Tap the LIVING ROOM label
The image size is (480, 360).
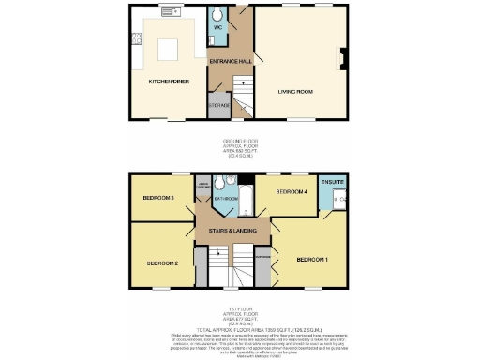(x=294, y=92)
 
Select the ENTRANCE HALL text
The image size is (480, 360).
(x=231, y=61)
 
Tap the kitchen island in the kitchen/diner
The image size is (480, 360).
(x=169, y=47)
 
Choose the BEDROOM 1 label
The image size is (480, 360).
(x=312, y=259)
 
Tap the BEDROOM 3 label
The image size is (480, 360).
(x=159, y=199)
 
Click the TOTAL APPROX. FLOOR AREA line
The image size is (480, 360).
(x=241, y=329)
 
